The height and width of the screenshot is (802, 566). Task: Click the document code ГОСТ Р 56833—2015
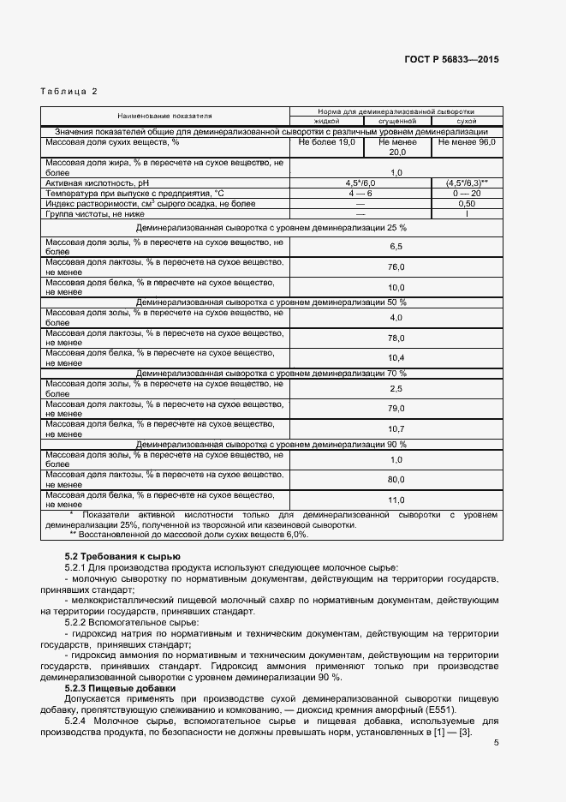(x=451, y=60)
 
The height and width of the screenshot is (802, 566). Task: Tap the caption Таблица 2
(x=69, y=91)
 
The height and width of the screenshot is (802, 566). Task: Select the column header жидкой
(x=327, y=122)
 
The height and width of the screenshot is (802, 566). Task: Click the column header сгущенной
(x=396, y=122)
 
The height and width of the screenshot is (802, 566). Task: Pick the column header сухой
(x=467, y=122)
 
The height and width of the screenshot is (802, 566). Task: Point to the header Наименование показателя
(x=165, y=115)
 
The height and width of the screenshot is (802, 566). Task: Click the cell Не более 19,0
(x=327, y=142)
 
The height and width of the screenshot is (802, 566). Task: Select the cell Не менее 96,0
(x=467, y=142)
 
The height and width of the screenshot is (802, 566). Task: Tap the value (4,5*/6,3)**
(x=467, y=183)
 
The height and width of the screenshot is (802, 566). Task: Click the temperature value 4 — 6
(x=360, y=194)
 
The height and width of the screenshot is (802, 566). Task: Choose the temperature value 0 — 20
(x=467, y=194)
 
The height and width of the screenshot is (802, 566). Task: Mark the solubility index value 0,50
(x=467, y=204)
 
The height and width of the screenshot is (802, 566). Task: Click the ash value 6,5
(x=396, y=247)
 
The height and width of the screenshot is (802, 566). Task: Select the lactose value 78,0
(x=396, y=338)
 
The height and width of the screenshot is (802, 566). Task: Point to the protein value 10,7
(x=396, y=428)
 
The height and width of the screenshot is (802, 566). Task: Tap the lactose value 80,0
(x=396, y=479)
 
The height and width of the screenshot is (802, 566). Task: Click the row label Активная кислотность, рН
(x=97, y=183)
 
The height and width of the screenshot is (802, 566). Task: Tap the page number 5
(x=496, y=743)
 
